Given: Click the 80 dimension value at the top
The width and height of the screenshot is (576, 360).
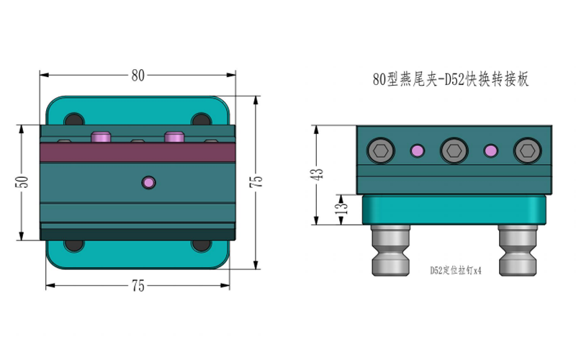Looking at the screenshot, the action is [x=138, y=76].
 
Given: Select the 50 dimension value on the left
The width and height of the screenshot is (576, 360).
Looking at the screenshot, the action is [x=22, y=182].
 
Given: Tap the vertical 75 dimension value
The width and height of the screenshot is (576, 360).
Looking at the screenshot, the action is [x=256, y=182].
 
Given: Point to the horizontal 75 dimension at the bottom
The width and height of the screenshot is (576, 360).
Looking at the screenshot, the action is [x=138, y=286].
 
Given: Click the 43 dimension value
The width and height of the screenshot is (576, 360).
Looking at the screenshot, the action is [x=318, y=174].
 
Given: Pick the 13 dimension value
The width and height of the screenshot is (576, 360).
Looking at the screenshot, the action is [x=341, y=208].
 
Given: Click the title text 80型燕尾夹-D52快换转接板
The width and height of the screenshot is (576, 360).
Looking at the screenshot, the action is [x=451, y=79].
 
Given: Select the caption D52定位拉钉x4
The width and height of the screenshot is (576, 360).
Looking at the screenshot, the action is [x=456, y=271].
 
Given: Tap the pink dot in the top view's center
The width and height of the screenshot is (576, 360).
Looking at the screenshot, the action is [x=149, y=182].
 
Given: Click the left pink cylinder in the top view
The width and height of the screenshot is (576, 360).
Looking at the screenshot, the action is [x=101, y=136].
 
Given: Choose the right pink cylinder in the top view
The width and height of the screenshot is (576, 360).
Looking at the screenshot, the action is [x=174, y=136].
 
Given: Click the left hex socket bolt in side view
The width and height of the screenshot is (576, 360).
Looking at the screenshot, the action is [x=381, y=150].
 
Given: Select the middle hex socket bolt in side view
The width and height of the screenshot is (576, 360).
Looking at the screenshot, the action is [x=454, y=150].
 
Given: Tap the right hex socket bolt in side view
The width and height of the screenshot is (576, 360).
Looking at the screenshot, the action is [x=528, y=150].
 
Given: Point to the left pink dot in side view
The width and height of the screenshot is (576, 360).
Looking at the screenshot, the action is [x=418, y=150].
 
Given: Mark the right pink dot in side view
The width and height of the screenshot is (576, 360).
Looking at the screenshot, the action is [x=491, y=150].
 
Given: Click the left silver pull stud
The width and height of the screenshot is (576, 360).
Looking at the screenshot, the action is [x=390, y=251].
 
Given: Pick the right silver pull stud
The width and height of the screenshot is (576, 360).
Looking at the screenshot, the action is [x=518, y=251].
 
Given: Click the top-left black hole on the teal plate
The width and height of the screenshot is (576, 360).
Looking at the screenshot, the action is [x=75, y=120].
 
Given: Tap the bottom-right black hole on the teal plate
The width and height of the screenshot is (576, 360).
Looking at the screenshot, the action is [x=202, y=246].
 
